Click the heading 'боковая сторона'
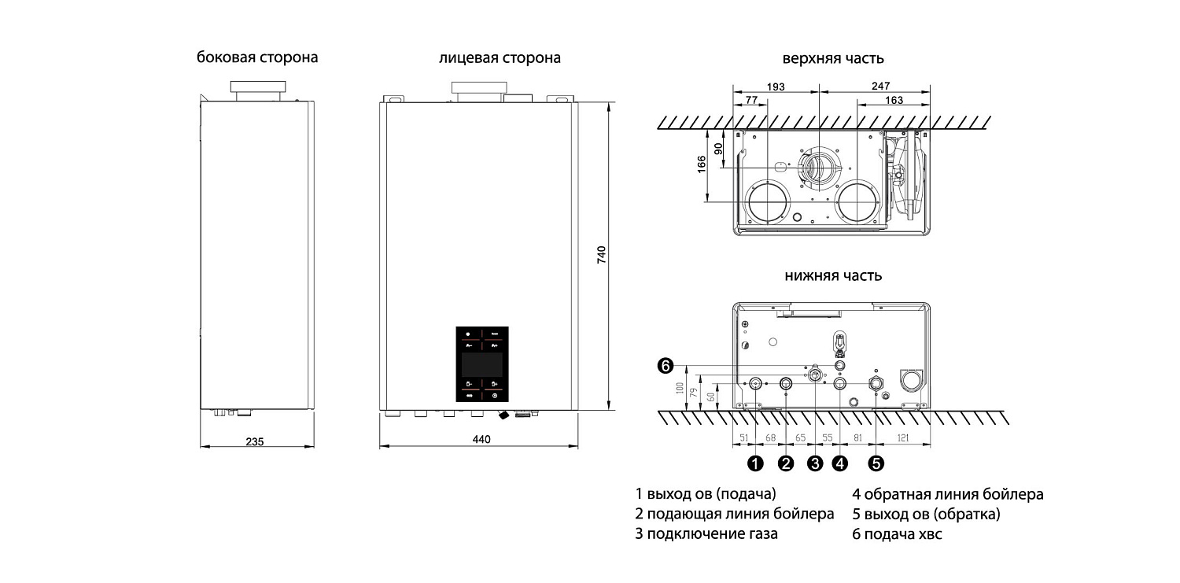click(257, 57)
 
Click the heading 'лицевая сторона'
click(500, 57)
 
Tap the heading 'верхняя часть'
click(832, 58)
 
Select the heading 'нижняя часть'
click(832, 275)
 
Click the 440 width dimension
click(480, 440)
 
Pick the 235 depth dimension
click(254, 441)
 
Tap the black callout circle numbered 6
click(666, 365)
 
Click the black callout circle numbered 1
click(755, 463)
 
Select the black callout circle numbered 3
click(815, 463)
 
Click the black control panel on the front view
click(482, 363)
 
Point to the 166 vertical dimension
click(702, 166)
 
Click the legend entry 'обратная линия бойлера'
click(954, 495)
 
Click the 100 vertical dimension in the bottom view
click(679, 388)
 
